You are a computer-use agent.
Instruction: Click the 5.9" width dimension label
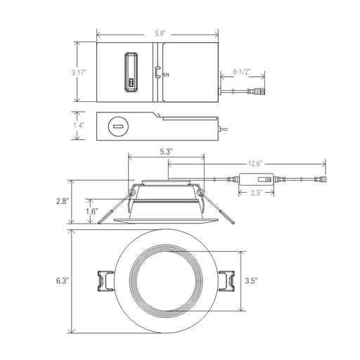160,34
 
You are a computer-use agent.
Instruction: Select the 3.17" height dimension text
79,72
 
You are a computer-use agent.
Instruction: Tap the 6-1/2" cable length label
241,72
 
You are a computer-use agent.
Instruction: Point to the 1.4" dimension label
79,125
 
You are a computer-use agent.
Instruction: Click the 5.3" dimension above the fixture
167,152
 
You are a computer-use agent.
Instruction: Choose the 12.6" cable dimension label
255,163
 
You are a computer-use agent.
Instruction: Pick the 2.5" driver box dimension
256,193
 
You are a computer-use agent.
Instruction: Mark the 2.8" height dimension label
63,201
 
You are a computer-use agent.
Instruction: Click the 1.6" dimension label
91,212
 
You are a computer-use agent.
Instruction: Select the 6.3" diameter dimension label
63,281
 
